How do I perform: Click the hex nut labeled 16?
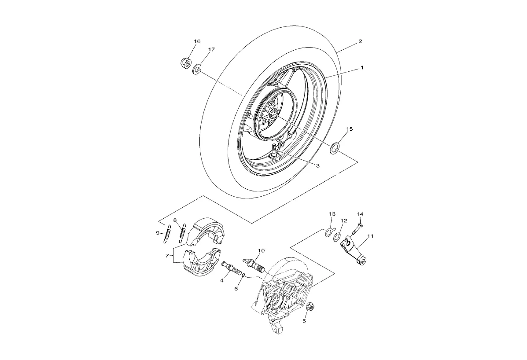pos(186,63)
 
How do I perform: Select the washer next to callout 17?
pos(197,69)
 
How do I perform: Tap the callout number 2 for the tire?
pos(360,41)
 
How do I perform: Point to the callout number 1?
pos(362,68)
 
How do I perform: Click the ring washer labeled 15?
pos(335,147)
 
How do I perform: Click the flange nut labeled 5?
pos(309,306)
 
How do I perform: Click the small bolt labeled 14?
pos(356,229)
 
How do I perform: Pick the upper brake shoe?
pos(207,231)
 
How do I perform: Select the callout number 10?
pos(261,251)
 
